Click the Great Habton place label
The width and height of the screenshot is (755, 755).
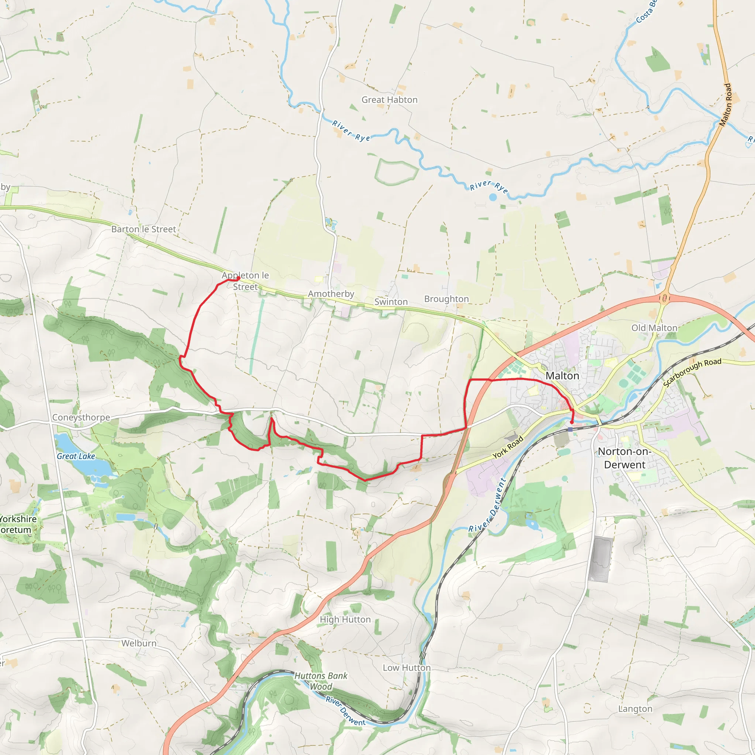389,100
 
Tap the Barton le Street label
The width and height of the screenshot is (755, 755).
143,229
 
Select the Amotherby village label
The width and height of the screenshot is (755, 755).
331,294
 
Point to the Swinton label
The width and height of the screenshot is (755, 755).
391,302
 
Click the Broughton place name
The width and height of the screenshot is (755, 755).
446,299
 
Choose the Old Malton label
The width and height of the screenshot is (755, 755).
654,328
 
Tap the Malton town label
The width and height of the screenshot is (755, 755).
562,376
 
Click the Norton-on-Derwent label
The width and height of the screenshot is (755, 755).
624,458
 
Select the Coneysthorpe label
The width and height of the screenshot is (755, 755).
81,417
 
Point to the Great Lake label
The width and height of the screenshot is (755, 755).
76,456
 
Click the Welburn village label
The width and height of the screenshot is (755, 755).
139,643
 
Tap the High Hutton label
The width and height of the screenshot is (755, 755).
345,619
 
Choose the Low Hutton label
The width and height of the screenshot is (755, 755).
406,668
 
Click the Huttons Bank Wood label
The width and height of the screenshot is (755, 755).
321,681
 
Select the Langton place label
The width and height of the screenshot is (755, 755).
635,709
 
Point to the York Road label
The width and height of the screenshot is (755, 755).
508,448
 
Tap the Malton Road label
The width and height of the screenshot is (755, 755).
725,105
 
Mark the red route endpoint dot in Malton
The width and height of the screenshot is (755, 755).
572,422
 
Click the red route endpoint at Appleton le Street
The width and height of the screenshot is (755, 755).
239,278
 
